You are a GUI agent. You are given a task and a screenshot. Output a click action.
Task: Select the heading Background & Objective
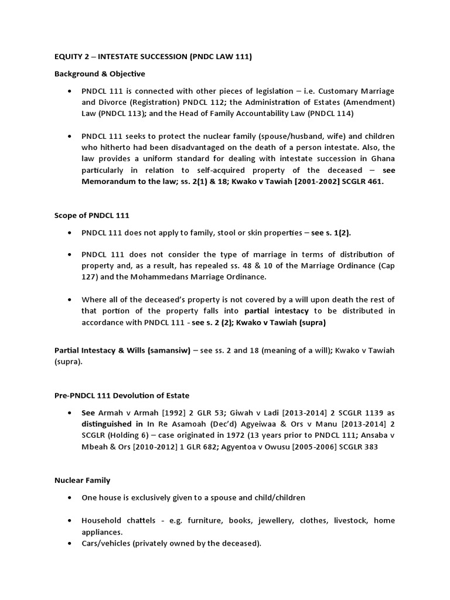(x=100, y=74)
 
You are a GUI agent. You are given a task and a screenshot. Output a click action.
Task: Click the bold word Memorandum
(x=108, y=182)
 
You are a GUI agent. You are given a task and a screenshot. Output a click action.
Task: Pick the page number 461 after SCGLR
(x=375, y=182)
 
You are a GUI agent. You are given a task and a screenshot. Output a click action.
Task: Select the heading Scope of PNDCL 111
(x=91, y=216)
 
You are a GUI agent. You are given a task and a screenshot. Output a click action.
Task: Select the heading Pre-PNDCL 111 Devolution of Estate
(x=122, y=396)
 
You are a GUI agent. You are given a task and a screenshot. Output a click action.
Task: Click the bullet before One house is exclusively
(x=69, y=498)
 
